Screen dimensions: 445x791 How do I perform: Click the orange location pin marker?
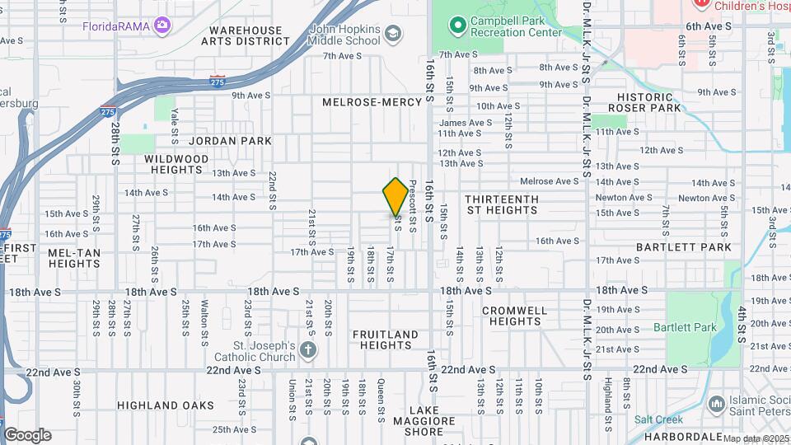point(395,196)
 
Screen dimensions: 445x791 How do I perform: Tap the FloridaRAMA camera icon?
point(162,26)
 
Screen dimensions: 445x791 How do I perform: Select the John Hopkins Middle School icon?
point(393,34)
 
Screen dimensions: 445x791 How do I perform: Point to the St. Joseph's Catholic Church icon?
point(308,350)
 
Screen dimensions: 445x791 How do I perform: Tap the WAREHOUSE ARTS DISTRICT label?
point(245,35)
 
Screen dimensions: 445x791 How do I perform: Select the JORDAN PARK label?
point(233,141)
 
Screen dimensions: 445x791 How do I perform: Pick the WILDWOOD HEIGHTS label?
point(176,163)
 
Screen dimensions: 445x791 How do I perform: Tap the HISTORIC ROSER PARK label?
point(644,102)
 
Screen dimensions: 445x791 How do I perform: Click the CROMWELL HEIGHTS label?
point(515,316)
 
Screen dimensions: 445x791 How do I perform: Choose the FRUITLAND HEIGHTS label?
point(386,340)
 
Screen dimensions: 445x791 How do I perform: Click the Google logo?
point(27,434)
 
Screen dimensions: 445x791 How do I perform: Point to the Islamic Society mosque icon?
point(715,403)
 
